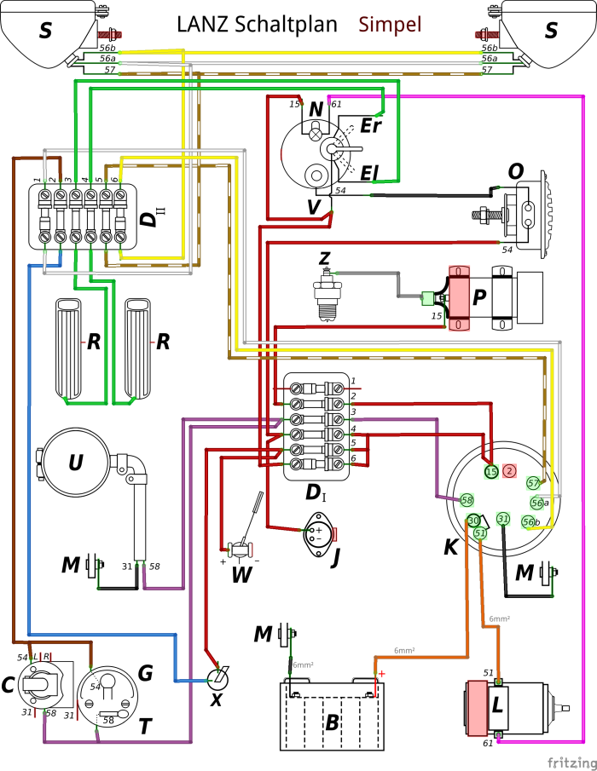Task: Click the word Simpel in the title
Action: (391, 25)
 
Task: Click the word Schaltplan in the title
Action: (287, 25)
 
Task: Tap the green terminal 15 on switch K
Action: (491, 471)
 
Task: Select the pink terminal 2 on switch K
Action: (509, 470)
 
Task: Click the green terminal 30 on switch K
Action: (473, 521)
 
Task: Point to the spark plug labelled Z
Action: (324, 293)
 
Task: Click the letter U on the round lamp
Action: (76, 463)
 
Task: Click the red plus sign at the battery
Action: (381, 673)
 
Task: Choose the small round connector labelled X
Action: (220, 678)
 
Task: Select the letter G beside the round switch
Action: (145, 674)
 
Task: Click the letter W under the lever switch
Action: (241, 575)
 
